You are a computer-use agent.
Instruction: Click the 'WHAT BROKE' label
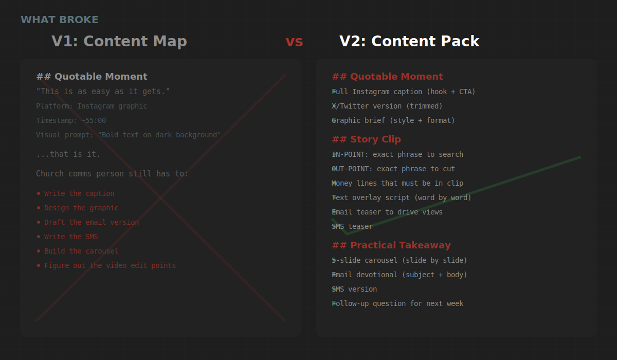(59, 20)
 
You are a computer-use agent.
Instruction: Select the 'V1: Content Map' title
(119, 42)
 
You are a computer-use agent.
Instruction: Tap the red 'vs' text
(294, 42)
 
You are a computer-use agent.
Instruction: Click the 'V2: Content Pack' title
(409, 42)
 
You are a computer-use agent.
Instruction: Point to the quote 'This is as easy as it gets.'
(103, 92)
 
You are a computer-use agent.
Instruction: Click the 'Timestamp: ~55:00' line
(71, 120)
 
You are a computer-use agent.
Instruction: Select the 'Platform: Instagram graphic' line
(92, 106)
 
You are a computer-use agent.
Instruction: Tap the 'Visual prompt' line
(129, 135)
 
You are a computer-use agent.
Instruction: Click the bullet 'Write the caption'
(79, 193)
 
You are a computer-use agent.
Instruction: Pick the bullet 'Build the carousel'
(81, 251)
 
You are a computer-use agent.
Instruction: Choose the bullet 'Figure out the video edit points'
(110, 265)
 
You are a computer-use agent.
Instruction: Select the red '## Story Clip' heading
(366, 139)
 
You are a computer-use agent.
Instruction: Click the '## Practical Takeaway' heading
(391, 245)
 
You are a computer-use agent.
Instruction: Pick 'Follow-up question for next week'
(398, 303)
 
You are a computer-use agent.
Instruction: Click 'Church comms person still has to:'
(112, 174)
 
